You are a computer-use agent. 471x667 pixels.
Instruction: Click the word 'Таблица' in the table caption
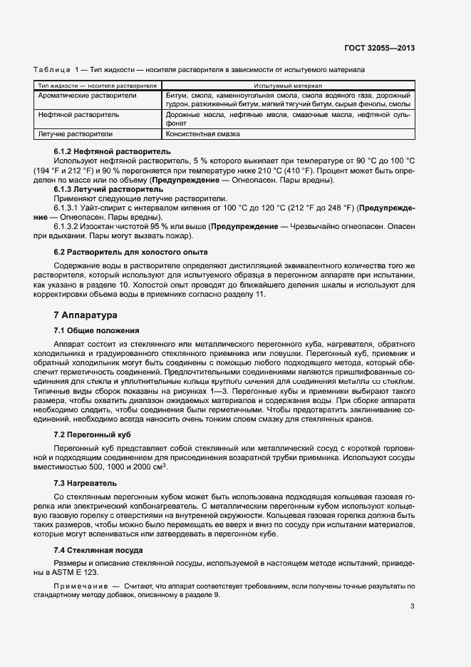52,71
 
